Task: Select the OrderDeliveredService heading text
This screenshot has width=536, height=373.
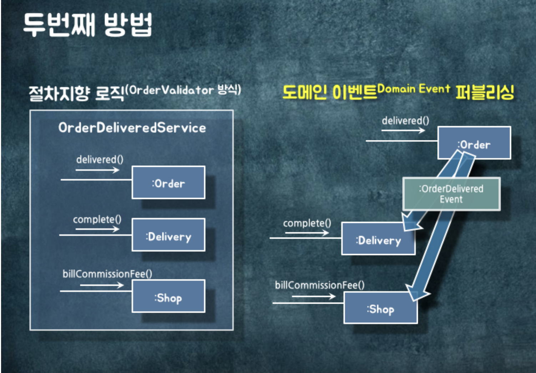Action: tap(132, 128)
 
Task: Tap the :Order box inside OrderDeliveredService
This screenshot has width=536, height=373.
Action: tap(168, 183)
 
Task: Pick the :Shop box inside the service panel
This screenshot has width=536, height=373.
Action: tap(168, 297)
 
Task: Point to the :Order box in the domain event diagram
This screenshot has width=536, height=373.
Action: tap(474, 143)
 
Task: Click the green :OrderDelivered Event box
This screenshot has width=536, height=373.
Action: tap(451, 194)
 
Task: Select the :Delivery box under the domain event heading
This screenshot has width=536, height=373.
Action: tap(378, 239)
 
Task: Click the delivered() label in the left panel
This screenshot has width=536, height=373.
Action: tap(100, 159)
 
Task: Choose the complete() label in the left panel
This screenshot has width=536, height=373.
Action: tap(97, 219)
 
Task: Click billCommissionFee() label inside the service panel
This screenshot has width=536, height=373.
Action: tap(107, 274)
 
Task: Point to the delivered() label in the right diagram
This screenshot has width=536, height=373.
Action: tap(405, 121)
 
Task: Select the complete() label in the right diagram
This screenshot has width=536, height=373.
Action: tap(307, 223)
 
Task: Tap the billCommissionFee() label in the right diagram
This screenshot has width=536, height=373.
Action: tap(320, 285)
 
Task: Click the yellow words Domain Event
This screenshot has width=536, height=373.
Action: tap(414, 89)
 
